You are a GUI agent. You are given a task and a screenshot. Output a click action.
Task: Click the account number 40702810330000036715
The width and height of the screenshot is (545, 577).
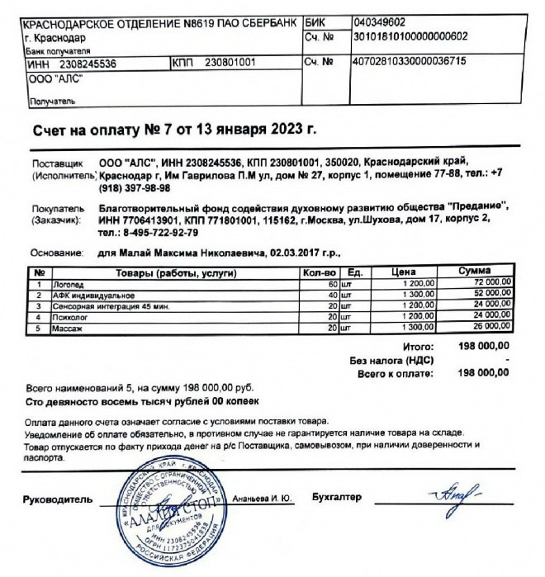point(410,62)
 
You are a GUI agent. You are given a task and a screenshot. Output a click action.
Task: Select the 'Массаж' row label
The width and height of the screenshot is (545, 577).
point(66,329)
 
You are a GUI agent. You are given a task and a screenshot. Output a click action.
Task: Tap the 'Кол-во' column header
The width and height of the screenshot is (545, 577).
point(318,272)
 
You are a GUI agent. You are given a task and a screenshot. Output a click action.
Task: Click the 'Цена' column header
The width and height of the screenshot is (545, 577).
point(403,272)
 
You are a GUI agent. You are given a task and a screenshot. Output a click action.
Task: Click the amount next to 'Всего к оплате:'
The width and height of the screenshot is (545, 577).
point(486,373)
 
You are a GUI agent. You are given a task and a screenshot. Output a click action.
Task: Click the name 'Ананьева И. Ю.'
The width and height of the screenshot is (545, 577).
point(256,499)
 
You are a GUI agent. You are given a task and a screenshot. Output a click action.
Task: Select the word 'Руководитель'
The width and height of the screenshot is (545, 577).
point(55,499)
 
